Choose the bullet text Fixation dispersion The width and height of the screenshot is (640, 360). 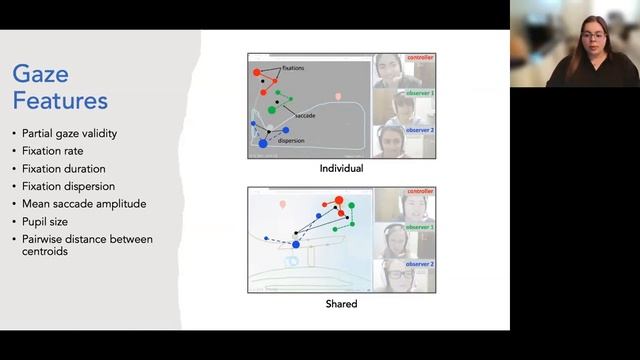pyautogui.click(x=69, y=186)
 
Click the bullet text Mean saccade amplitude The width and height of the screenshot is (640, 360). pyautogui.click(x=84, y=203)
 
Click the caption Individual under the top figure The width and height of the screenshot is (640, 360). pyautogui.click(x=341, y=169)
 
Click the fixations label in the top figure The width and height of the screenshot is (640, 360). pyautogui.click(x=288, y=68)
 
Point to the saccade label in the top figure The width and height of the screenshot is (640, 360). pyautogui.click(x=306, y=116)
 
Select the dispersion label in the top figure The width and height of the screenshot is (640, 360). pyautogui.click(x=291, y=141)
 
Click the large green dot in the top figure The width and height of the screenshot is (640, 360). pyautogui.click(x=272, y=110)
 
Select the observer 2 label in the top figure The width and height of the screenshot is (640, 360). pyautogui.click(x=419, y=130)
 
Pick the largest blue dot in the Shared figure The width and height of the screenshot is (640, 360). pyautogui.click(x=296, y=244)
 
